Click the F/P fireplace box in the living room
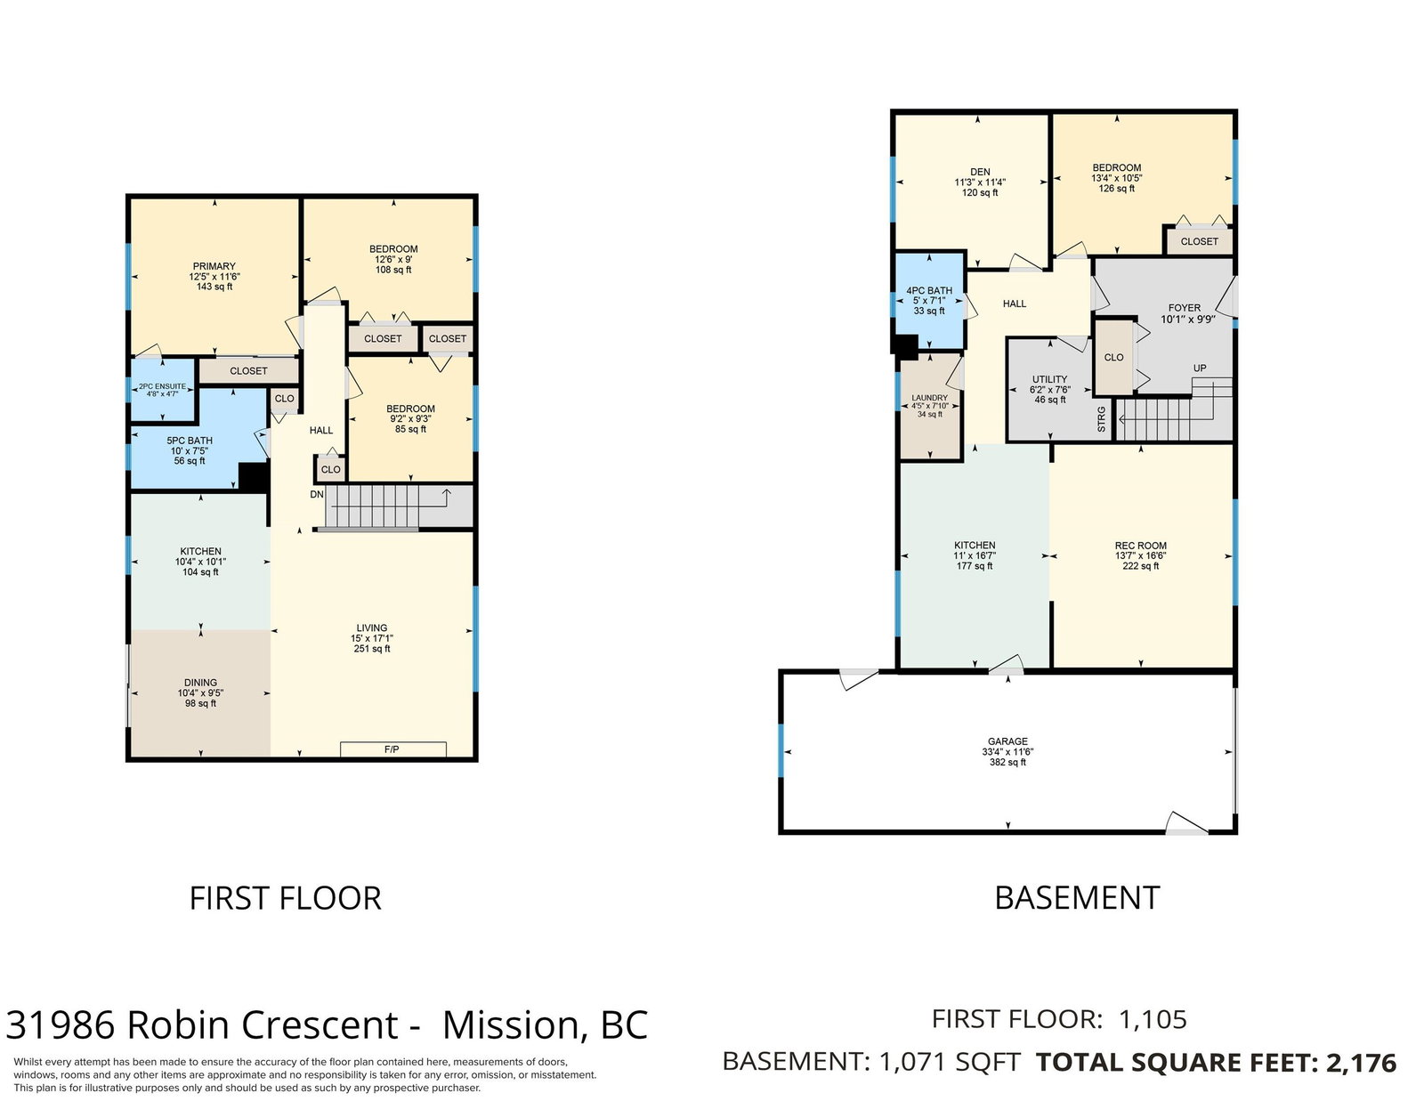pyautogui.click(x=392, y=749)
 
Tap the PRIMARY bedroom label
pyautogui.click(x=214, y=266)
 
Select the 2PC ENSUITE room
pyautogui.click(x=163, y=389)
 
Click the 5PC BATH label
pyautogui.click(x=190, y=441)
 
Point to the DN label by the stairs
pyautogui.click(x=317, y=494)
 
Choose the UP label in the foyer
pyautogui.click(x=1199, y=368)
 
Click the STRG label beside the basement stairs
pyautogui.click(x=1101, y=419)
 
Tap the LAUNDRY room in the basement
pyautogui.click(x=930, y=407)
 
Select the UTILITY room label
pyautogui.click(x=1050, y=379)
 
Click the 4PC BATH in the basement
pyautogui.click(x=929, y=301)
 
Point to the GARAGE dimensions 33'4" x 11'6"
pyautogui.click(x=1007, y=752)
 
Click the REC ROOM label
pyautogui.click(x=1140, y=546)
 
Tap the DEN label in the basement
pyautogui.click(x=981, y=172)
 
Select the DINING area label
pyautogui.click(x=200, y=682)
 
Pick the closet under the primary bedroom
pyautogui.click(x=248, y=371)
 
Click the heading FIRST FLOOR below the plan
pyautogui.click(x=285, y=898)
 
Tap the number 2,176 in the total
pyautogui.click(x=1361, y=1063)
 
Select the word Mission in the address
pyautogui.click(x=511, y=1025)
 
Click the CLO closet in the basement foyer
pyautogui.click(x=1113, y=357)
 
